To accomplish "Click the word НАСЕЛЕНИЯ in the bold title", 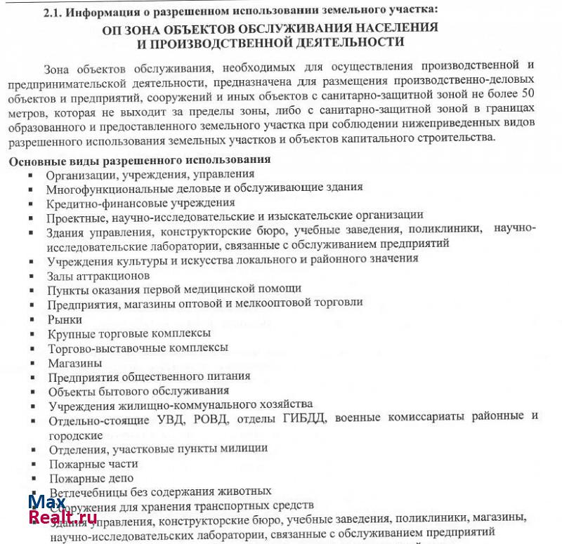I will tap(393, 28).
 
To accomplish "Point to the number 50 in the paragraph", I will tap(532, 93).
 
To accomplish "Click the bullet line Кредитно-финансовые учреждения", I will tap(131, 203).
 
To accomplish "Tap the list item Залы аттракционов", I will tap(98, 275).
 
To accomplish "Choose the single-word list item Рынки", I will tap(65, 319).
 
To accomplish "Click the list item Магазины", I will tap(74, 363).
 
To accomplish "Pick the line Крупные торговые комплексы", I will tap(129, 333).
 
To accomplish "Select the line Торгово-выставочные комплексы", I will tap(138, 348).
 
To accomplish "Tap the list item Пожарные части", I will tap(93, 463).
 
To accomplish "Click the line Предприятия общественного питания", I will tap(149, 377).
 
